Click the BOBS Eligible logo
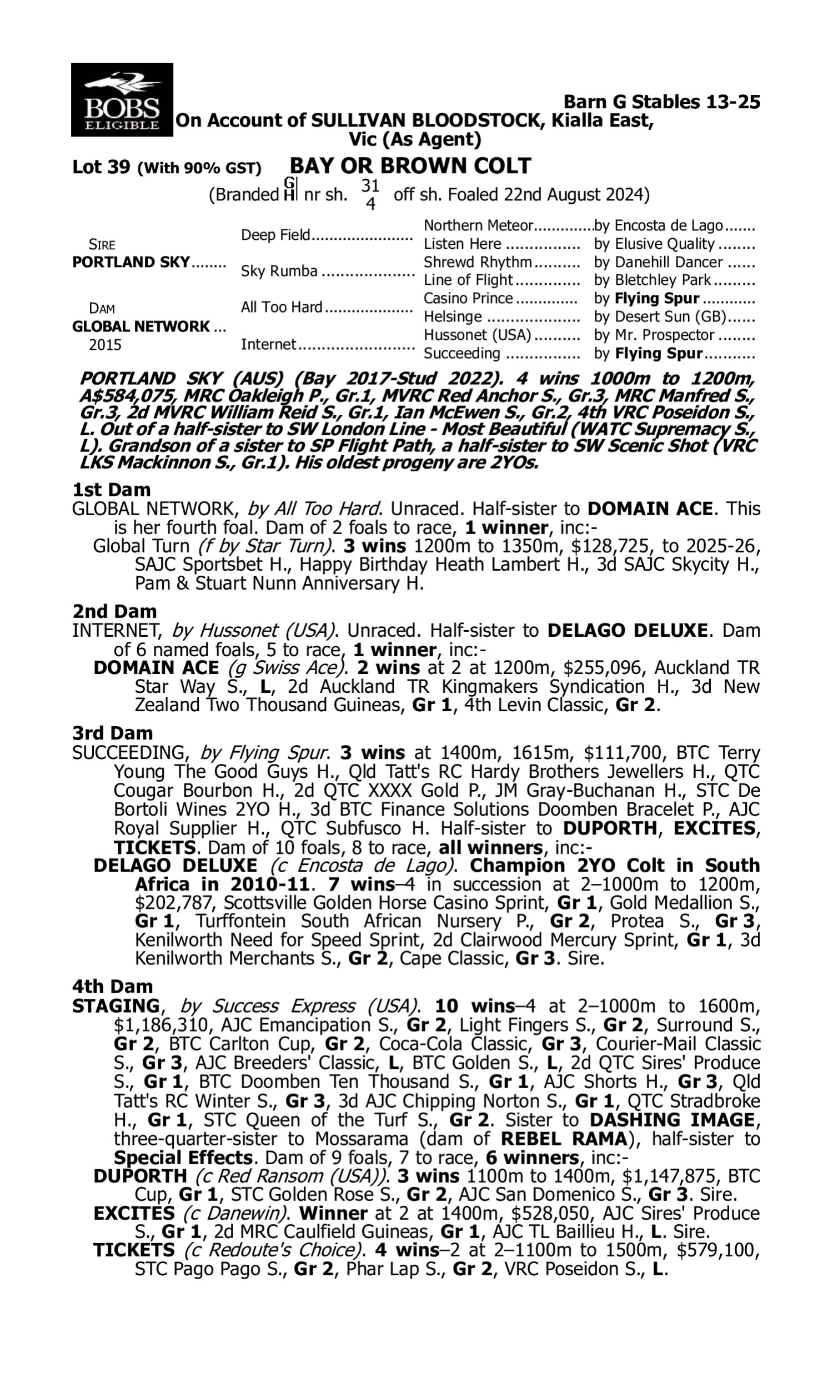122,99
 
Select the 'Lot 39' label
101,167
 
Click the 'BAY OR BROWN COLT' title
410,166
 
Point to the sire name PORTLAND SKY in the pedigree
131,262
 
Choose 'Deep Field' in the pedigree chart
275,235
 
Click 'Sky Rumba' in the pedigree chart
279,271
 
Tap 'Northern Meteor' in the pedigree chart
478,225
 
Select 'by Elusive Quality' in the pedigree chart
654,244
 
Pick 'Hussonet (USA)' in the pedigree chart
476,335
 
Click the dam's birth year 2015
105,344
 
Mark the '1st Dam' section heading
111,490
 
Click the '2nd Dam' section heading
114,611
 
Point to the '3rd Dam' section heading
112,733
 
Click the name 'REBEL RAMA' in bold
563,1138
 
